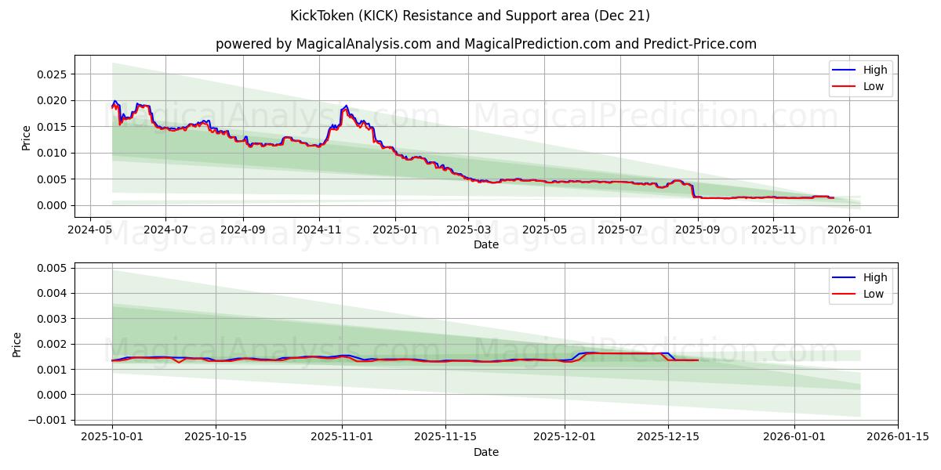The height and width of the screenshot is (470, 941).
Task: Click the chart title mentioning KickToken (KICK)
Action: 470,16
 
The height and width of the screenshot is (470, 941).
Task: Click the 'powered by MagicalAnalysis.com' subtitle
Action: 486,44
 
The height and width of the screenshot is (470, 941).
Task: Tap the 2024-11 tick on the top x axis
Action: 318,230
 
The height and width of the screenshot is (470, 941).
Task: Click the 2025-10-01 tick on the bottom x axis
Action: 112,437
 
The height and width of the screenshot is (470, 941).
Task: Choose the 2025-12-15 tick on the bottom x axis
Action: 667,437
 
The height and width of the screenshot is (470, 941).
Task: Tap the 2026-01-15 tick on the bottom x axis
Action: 898,437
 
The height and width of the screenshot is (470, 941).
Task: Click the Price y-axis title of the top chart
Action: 27,137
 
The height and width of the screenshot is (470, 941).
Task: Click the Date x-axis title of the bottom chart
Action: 486,452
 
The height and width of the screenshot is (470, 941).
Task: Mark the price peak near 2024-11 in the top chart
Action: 346,106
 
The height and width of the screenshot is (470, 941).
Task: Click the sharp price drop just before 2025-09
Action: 692,191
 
